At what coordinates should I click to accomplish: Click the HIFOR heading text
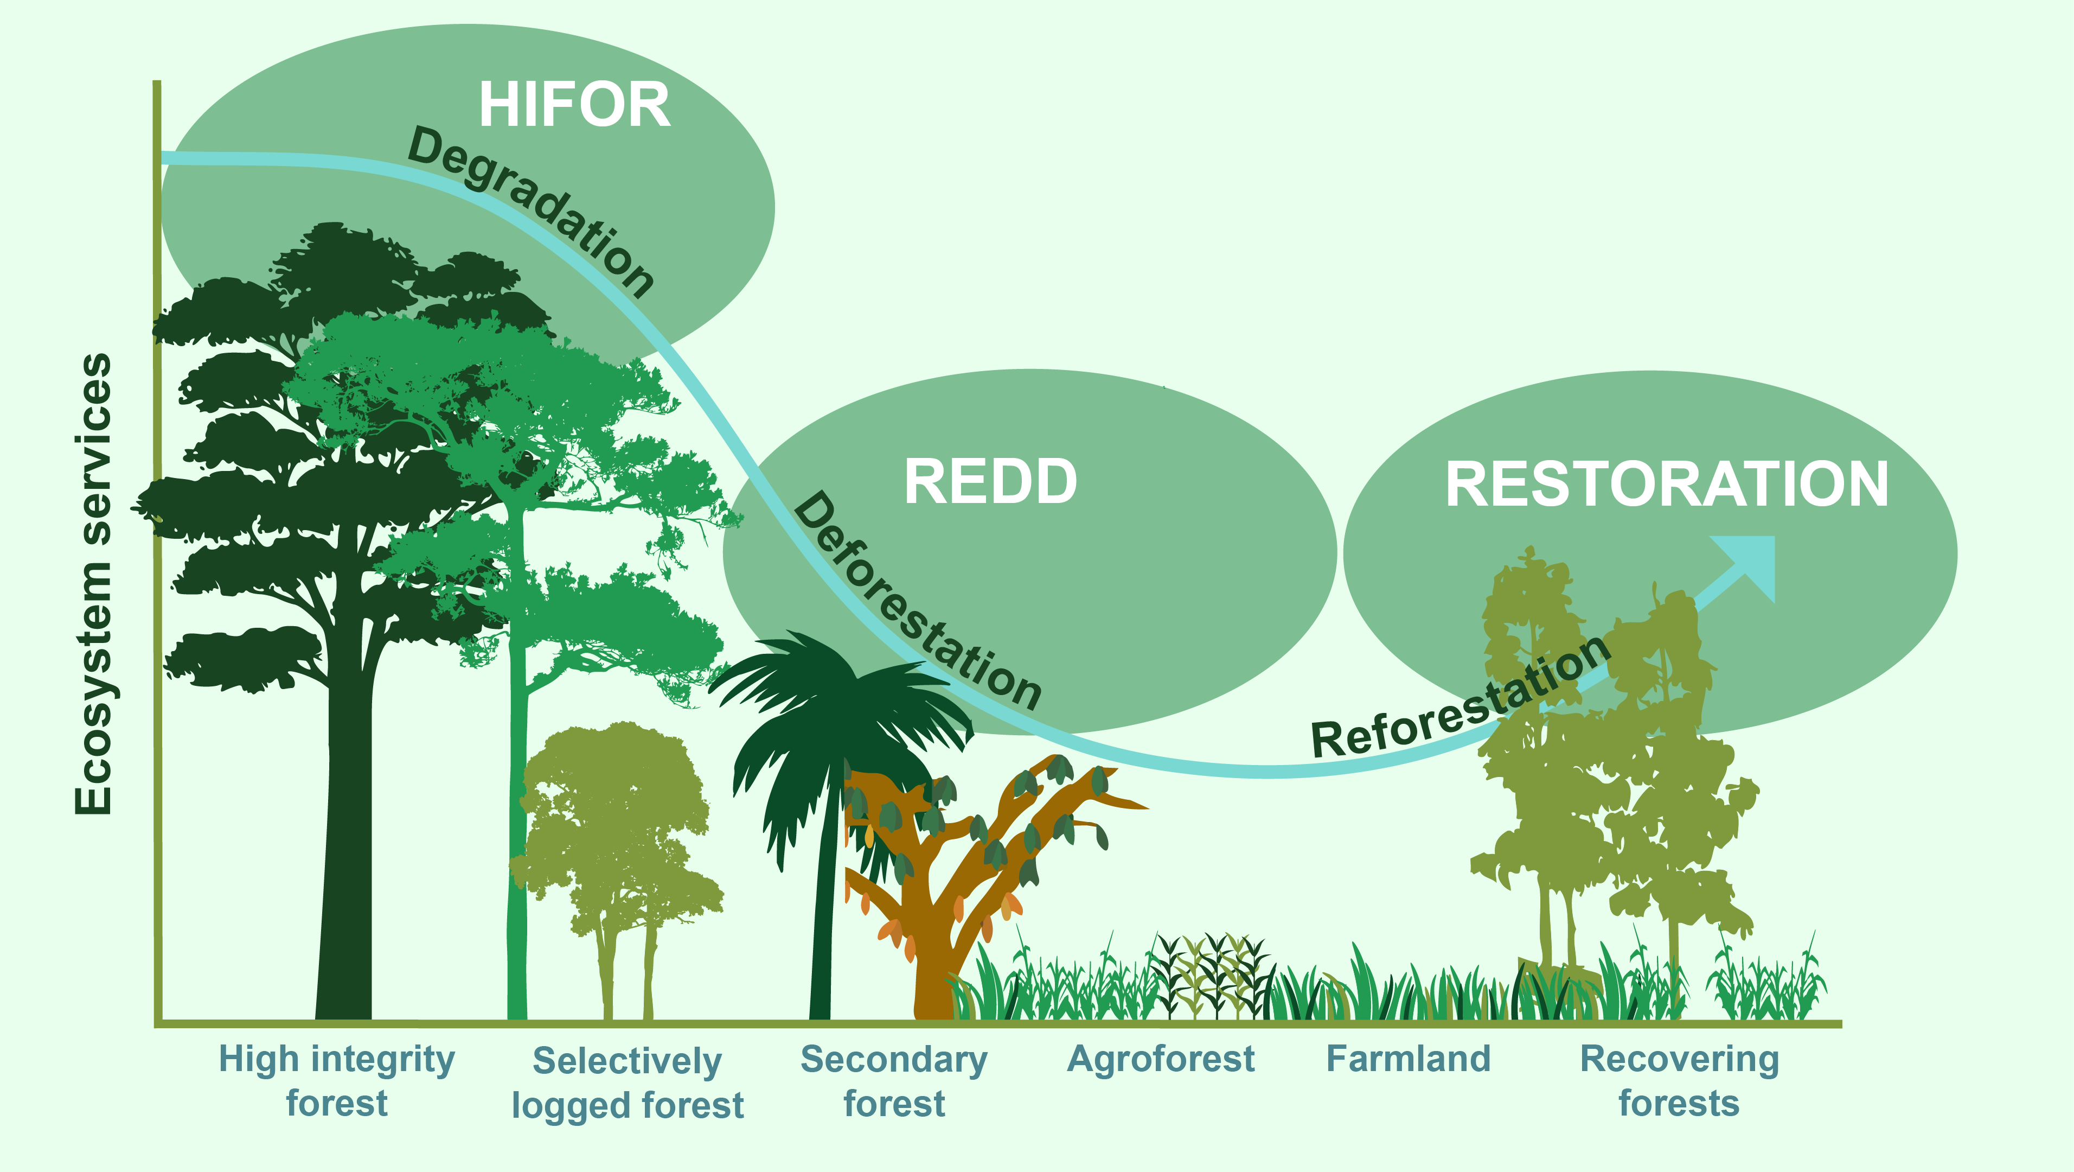(574, 105)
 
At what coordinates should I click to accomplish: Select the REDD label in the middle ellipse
(990, 482)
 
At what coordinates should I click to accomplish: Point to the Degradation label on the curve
(532, 211)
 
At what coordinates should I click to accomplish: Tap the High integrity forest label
(337, 1080)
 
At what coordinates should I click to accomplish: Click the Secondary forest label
(894, 1080)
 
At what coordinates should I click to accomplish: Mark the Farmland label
(1408, 1059)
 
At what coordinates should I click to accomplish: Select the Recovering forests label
(1680, 1080)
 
